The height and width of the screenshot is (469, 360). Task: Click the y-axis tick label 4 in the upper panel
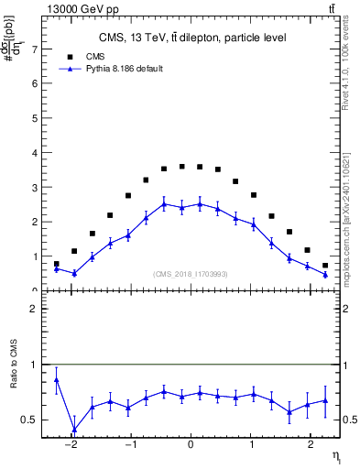[35, 152]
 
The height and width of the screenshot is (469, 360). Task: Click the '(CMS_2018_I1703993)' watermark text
[191, 273]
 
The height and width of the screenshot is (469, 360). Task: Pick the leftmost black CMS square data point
[57, 264]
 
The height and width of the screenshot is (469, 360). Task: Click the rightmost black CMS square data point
[325, 266]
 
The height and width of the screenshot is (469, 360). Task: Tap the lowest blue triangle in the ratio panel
[74, 429]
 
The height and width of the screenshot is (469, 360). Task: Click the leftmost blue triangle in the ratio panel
[57, 379]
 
